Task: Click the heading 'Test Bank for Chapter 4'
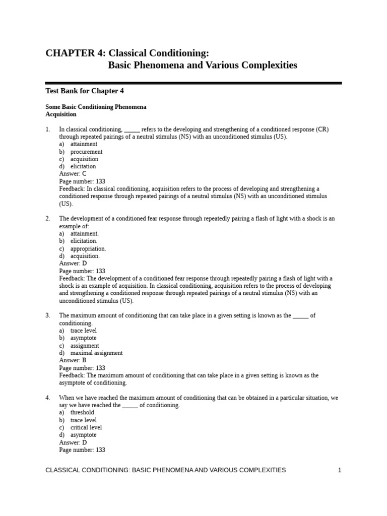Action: (x=85, y=91)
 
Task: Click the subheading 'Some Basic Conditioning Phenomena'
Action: (x=96, y=107)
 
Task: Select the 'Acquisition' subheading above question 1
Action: (x=61, y=114)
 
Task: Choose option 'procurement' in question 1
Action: (x=86, y=152)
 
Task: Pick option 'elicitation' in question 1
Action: (x=83, y=166)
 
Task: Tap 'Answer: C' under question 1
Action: (x=73, y=174)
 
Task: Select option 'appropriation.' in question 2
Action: (x=88, y=248)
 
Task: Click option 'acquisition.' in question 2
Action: (x=85, y=256)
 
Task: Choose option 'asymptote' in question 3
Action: (x=83, y=338)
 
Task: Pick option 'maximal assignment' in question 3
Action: (x=96, y=353)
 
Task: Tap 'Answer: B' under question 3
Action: (x=73, y=360)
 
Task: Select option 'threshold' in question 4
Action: (x=82, y=413)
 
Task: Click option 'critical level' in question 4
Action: (x=86, y=427)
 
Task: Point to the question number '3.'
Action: (x=48, y=315)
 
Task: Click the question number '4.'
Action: (x=48, y=398)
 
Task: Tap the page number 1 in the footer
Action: (x=340, y=470)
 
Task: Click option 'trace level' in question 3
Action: (x=84, y=331)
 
